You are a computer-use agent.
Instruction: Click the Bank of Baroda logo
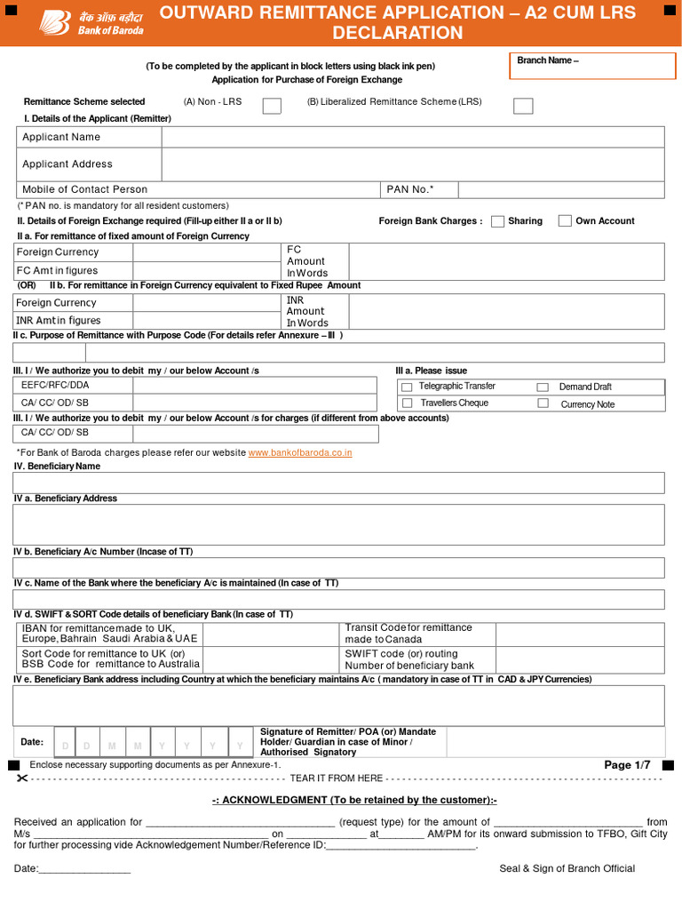[x=75, y=22]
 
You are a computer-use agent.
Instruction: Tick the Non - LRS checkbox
[x=273, y=106]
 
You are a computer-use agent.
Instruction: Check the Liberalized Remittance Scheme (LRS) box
[x=524, y=106]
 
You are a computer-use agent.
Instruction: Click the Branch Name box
[x=586, y=67]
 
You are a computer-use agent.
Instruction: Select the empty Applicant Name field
[x=412, y=137]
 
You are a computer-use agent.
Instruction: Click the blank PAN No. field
[x=560, y=189]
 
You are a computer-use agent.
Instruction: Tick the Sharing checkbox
[x=497, y=221]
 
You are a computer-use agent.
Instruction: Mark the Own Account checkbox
[x=565, y=221]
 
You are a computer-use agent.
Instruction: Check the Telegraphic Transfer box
[x=407, y=387]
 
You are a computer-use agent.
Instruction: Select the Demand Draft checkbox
[x=543, y=387]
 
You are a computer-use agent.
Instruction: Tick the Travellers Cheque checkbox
[x=407, y=403]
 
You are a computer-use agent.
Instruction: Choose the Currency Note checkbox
[x=543, y=403]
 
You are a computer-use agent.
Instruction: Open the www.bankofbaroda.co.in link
[x=300, y=452]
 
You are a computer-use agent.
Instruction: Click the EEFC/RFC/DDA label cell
[x=73, y=386]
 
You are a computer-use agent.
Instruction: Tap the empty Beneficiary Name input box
[x=337, y=483]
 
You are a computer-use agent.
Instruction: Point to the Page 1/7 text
[x=627, y=765]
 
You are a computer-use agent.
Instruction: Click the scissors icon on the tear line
[x=22, y=778]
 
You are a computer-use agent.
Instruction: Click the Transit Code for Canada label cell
[x=417, y=634]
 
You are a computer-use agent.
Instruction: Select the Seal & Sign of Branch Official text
[x=567, y=868]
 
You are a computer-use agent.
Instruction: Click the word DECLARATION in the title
[x=397, y=34]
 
